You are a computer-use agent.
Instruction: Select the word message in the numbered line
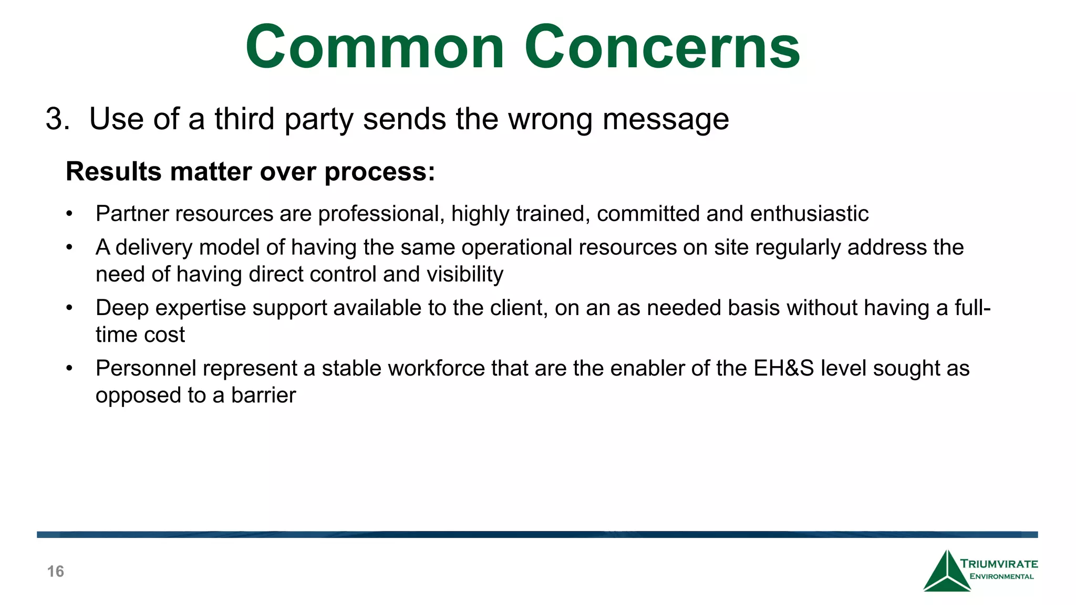coord(666,120)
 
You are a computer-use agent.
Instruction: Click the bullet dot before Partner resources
coord(69,214)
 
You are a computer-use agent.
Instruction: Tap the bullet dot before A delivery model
coord(69,247)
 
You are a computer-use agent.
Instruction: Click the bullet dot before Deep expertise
coord(69,308)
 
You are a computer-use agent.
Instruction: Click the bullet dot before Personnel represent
coord(69,368)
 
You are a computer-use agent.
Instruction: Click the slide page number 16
coord(56,571)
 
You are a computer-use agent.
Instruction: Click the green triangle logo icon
coord(946,572)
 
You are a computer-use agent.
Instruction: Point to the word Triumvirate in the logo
coord(999,564)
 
